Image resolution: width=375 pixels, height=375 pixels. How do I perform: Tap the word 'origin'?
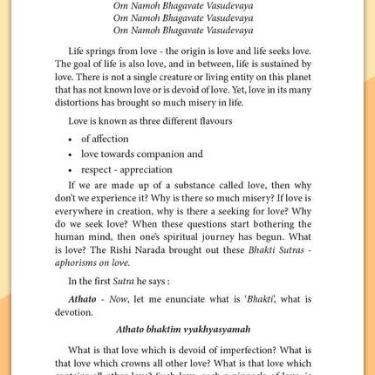pos(200,51)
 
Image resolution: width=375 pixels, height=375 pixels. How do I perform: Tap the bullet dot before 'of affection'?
pos(71,140)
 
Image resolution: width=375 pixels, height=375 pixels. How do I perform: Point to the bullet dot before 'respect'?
pos(71,170)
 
